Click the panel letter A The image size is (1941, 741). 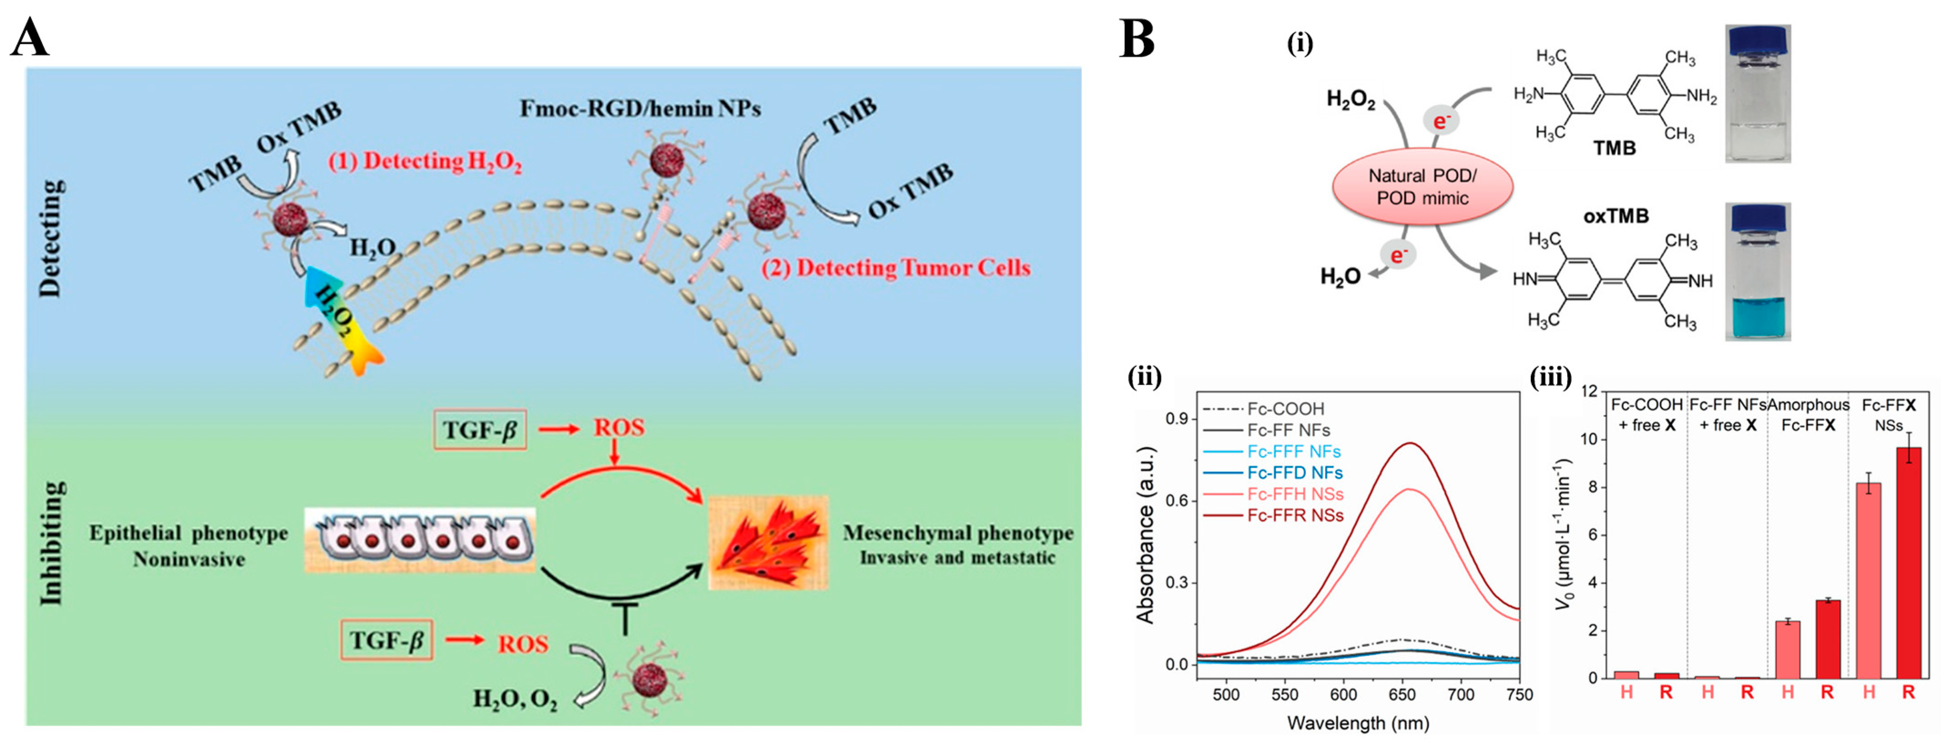pos(30,38)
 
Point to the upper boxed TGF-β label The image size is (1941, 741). pos(479,428)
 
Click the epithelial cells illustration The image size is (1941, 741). pos(420,539)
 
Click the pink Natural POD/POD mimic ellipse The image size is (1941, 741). pos(1423,187)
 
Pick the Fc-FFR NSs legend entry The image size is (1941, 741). pos(1295,516)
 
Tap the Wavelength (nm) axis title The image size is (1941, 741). pos(1358,723)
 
